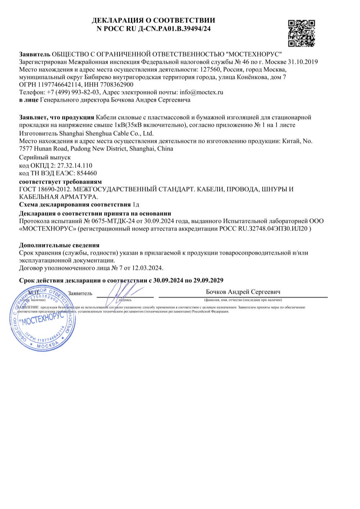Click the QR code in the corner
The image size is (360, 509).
point(302,33)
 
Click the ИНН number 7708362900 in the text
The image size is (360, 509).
point(119,85)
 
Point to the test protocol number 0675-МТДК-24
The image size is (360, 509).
point(112,221)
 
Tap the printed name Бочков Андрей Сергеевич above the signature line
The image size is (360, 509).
point(243,292)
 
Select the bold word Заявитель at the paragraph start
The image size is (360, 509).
point(34,54)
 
